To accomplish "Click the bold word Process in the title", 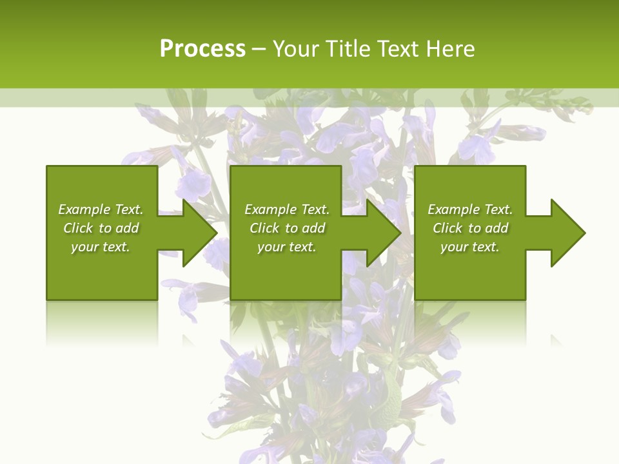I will [202, 49].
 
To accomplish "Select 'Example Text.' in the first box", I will [101, 209].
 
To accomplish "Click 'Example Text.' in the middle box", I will [287, 209].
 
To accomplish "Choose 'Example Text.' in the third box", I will [470, 209].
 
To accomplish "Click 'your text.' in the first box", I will [101, 247].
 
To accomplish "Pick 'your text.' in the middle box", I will [287, 247].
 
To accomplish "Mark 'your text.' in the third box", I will [470, 247].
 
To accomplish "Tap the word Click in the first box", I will [78, 228].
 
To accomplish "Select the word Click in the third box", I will [447, 228].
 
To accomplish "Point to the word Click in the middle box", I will [264, 228].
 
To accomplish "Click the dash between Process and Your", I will [259, 49].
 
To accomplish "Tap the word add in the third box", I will [496, 228].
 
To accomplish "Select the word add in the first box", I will [127, 228].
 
